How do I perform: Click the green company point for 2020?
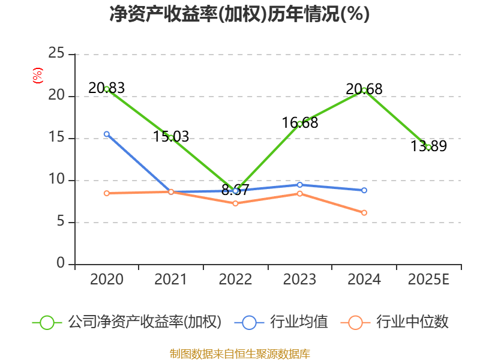(x=107, y=89)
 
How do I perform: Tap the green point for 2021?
(x=171, y=137)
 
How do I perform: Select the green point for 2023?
(x=300, y=124)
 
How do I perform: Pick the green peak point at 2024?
(x=364, y=90)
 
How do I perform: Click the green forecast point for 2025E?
(x=428, y=147)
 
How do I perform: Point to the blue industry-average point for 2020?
(x=107, y=134)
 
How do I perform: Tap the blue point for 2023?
(x=300, y=184)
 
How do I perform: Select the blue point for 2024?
(x=364, y=190)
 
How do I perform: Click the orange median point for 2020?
(x=107, y=193)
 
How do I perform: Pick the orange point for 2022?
(x=235, y=203)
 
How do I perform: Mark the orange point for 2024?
(x=364, y=212)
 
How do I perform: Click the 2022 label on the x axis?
(x=235, y=280)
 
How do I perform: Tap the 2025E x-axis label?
(x=428, y=280)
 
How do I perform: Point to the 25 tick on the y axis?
(x=56, y=54)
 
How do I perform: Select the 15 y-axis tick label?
(x=56, y=138)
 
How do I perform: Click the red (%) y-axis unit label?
(x=38, y=76)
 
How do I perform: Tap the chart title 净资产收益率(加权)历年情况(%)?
(x=239, y=14)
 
